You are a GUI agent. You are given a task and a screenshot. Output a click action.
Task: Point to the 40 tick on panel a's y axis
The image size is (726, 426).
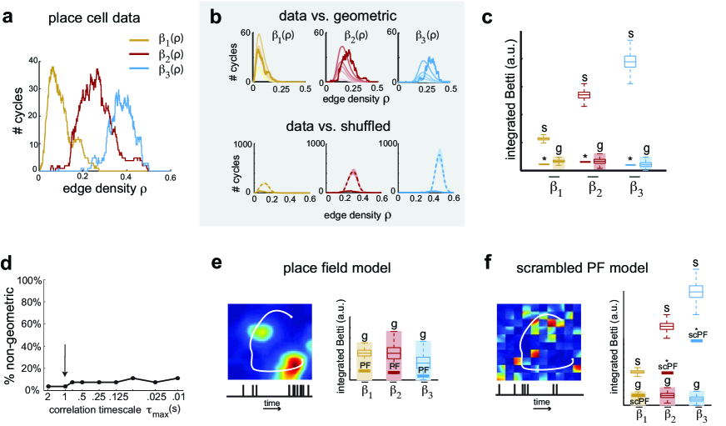tap(31, 59)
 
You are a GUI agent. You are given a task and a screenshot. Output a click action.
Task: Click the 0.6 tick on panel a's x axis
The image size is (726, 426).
tap(171, 177)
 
